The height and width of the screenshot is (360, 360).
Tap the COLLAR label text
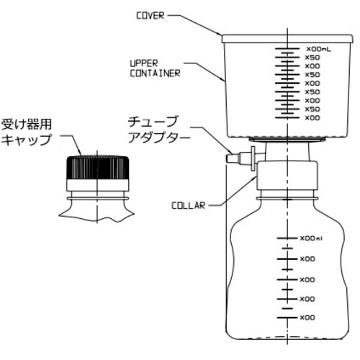[x=189, y=205]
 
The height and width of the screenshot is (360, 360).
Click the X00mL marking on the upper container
[x=318, y=48]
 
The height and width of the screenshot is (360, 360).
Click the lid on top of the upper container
[x=286, y=37]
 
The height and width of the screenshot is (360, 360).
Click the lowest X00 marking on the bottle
[x=307, y=317]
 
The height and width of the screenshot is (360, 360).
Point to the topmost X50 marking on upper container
[x=312, y=57]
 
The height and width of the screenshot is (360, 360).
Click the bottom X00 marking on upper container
[x=312, y=117]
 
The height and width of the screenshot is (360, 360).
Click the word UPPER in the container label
[x=144, y=63]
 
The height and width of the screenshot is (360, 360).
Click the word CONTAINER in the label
[x=155, y=73]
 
